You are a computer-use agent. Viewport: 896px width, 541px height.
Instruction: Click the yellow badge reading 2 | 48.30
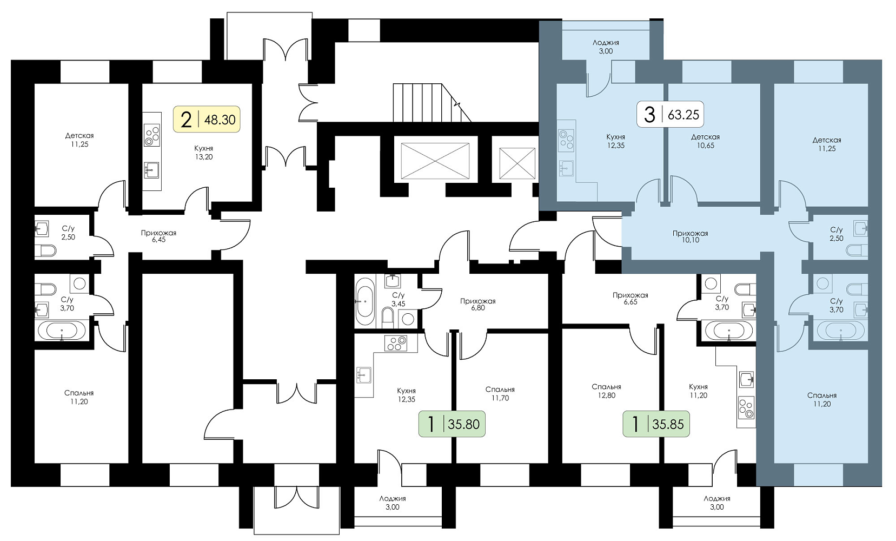207,119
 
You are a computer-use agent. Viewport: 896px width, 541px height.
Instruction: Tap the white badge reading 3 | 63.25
671,115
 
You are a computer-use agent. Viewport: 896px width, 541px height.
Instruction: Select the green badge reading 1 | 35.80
452,424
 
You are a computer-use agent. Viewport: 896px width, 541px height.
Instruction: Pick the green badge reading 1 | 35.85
656,424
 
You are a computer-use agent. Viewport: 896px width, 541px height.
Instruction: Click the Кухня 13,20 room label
204,153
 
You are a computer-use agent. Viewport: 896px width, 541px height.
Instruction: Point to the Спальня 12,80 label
606,391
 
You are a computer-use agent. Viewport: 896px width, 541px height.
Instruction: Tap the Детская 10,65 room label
706,141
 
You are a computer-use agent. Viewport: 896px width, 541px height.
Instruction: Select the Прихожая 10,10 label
691,236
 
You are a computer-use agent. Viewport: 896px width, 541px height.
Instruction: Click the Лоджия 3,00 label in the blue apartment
606,47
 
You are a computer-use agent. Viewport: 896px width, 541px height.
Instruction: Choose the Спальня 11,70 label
500,394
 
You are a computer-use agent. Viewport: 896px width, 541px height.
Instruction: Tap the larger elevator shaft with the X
435,161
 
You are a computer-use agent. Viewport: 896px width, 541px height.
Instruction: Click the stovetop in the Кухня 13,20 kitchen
152,136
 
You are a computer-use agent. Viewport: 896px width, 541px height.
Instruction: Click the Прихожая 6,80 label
477,304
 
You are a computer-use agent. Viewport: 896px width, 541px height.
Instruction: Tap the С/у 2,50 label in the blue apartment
836,234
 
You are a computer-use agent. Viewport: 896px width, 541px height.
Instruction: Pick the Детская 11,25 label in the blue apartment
827,144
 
